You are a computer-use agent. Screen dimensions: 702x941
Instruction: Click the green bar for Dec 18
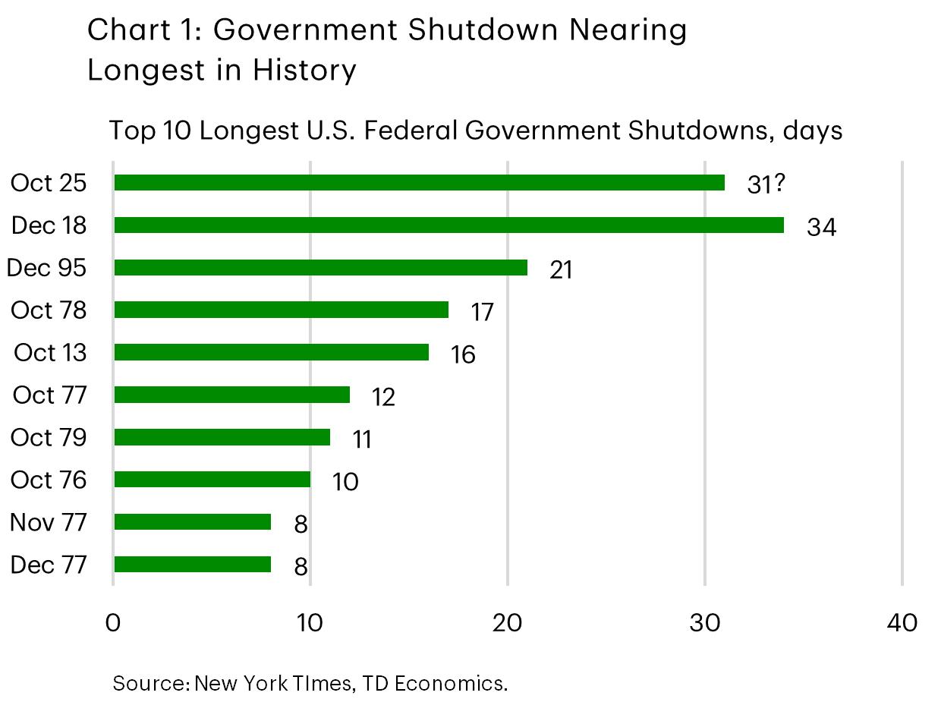point(448,225)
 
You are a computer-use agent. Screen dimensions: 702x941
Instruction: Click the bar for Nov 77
point(192,522)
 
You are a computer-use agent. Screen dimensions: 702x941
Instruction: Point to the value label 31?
point(765,185)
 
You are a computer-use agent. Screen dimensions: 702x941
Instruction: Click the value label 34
point(821,228)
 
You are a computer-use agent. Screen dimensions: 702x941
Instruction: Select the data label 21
point(561,270)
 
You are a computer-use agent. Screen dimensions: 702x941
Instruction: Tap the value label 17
point(481,312)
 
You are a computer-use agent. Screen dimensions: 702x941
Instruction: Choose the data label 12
point(383,397)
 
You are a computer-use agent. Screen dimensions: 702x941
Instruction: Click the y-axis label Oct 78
point(49,310)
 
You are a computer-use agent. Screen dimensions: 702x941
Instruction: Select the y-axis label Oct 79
point(49,438)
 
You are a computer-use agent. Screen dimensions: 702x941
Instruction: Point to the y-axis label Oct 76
point(49,480)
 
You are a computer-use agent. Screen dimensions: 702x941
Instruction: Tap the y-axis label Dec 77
point(49,565)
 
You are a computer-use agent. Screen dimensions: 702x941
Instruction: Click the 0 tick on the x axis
point(113,623)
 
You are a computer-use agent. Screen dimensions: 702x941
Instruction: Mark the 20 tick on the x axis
point(508,623)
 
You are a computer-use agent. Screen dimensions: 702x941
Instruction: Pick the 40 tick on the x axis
point(902,623)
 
